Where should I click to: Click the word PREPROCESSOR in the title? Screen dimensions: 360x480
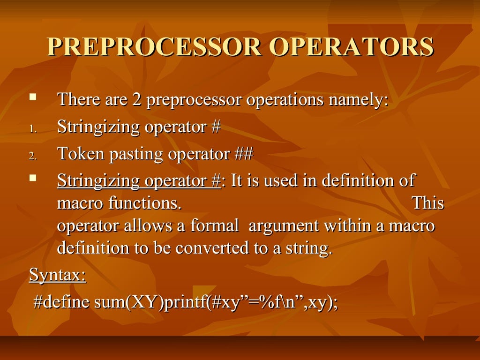(153, 47)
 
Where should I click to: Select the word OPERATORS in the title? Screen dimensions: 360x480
(351, 47)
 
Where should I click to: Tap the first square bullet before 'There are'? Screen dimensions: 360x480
(32, 97)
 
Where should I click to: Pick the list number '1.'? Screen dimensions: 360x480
(32, 128)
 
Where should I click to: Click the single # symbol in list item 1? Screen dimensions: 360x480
(216, 127)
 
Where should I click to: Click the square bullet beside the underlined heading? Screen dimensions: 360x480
(32, 178)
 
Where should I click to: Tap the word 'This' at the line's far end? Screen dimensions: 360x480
(427, 203)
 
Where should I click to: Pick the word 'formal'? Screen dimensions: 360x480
(214, 226)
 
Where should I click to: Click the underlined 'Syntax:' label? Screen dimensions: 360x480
(57, 276)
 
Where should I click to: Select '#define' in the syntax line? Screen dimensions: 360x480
(61, 302)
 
